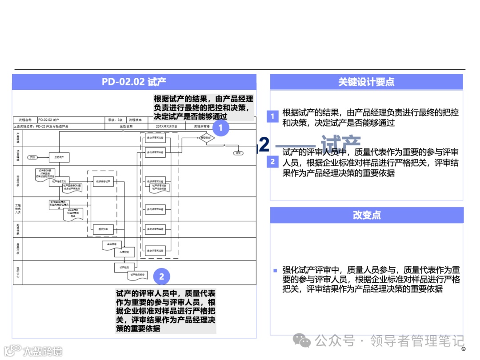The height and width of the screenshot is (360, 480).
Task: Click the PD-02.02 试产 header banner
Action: (134, 82)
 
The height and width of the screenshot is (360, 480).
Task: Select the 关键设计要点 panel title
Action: (366, 82)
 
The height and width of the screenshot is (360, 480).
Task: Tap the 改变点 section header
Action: (366, 215)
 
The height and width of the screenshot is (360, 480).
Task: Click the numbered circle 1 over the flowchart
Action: (221, 129)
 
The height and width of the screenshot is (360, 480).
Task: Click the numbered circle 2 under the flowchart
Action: (161, 276)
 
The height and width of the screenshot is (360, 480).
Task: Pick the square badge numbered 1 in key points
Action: (272, 117)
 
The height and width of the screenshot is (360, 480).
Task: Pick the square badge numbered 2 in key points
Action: (272, 162)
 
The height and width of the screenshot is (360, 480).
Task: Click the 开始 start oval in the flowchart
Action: (32, 157)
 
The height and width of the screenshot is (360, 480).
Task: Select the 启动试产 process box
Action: (59, 157)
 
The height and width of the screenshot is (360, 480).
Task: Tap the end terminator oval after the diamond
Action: (239, 152)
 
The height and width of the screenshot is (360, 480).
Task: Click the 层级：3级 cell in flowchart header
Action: (116, 120)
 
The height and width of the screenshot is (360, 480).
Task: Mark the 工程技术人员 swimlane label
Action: (18, 207)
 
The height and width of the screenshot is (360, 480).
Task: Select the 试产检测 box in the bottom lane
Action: (124, 267)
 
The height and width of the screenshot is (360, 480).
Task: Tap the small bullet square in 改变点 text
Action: (275, 270)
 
